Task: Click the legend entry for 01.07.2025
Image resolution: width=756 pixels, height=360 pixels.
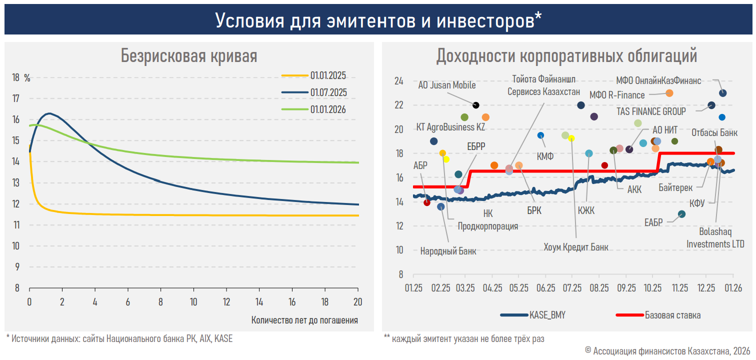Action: pos(328,92)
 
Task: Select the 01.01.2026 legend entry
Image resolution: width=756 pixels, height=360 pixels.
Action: pos(328,109)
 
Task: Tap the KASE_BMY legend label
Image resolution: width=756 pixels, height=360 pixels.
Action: pos(547,315)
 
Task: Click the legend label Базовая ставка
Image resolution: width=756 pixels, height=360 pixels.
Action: pos(672,315)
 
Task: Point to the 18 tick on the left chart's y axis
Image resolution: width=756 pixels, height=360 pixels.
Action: pos(16,77)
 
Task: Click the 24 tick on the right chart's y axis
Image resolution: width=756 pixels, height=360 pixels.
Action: pos(398,81)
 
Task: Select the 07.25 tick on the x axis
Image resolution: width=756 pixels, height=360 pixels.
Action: pos(572,288)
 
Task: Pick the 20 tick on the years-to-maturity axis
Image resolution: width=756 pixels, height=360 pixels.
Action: pos(357,302)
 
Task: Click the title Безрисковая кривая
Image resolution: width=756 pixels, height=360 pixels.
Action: pos(189,56)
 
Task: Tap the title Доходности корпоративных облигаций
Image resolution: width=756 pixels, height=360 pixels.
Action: pos(566,56)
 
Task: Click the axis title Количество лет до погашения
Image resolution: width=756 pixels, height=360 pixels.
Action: pos(304,320)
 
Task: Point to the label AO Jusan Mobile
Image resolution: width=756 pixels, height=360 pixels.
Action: pos(446,85)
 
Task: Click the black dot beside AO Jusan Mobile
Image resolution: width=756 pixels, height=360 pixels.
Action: pos(476,105)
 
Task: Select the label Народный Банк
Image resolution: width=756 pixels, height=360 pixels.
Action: pos(448,251)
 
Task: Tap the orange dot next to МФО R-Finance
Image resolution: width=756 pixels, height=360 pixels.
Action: pos(669,93)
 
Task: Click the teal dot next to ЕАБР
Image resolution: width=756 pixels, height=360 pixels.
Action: pos(681,214)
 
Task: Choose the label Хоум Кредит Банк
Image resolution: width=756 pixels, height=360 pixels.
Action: pos(576,246)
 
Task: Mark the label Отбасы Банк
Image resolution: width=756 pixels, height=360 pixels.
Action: pos(714,133)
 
